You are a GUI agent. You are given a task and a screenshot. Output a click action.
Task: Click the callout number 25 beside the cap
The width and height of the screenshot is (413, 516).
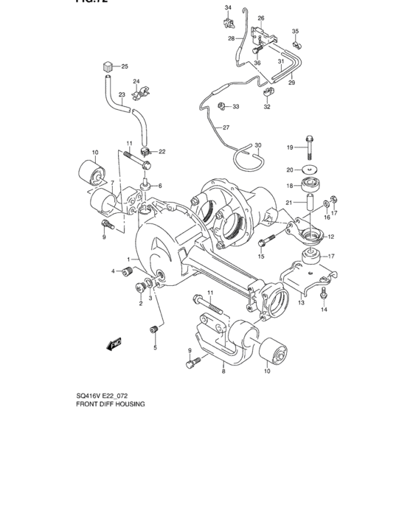coord(125,66)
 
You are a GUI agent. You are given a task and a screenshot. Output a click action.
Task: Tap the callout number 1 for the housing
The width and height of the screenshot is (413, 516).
coord(128,259)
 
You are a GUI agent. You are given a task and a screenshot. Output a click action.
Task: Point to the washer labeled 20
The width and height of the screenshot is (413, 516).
coord(310,170)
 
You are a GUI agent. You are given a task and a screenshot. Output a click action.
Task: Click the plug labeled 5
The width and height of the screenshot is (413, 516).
coord(155,329)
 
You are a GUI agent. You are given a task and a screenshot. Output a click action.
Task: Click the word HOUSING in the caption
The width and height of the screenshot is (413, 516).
coord(127,405)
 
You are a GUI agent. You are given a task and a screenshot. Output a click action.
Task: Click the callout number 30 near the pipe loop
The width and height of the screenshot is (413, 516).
coord(258,146)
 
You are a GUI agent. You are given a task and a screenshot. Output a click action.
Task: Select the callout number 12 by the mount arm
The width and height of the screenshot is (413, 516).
coord(330,237)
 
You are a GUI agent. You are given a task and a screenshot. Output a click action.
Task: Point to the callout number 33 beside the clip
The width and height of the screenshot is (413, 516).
coord(236,107)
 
